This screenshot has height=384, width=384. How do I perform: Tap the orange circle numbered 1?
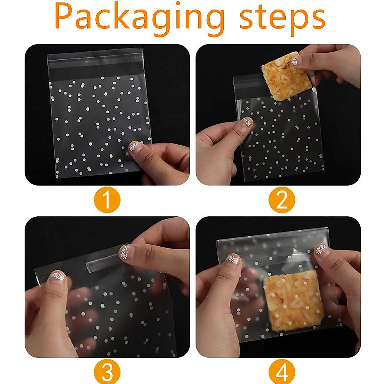coord(107,200)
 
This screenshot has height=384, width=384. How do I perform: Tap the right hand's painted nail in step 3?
coord(126,251)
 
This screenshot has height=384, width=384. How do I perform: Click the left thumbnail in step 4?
coord(233,259)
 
